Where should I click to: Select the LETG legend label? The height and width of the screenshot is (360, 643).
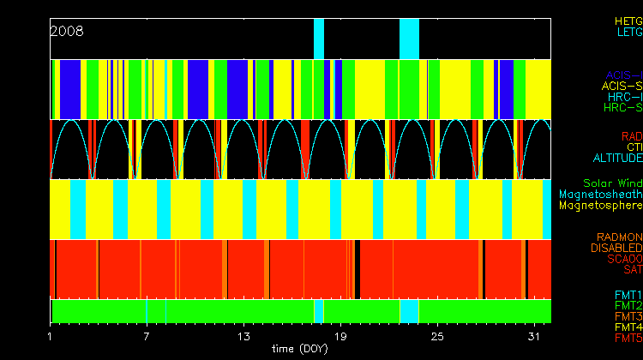(628, 32)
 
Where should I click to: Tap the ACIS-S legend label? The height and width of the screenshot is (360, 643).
(622, 86)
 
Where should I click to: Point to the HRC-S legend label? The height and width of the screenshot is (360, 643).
(622, 108)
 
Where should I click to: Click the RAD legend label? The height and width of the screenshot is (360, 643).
(631, 136)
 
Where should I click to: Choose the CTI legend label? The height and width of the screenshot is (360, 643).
(634, 147)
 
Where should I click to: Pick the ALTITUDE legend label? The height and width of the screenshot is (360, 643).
(617, 159)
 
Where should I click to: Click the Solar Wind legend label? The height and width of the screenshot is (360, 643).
(612, 183)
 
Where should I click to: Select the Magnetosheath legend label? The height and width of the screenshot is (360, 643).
(600, 195)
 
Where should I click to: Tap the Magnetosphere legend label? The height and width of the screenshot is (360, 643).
(600, 206)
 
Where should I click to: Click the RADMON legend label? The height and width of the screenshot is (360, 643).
(620, 237)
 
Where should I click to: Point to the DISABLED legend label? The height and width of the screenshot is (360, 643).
(616, 248)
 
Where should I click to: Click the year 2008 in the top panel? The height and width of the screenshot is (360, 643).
(67, 31)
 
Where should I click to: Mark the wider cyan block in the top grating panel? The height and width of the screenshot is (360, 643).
(409, 39)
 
